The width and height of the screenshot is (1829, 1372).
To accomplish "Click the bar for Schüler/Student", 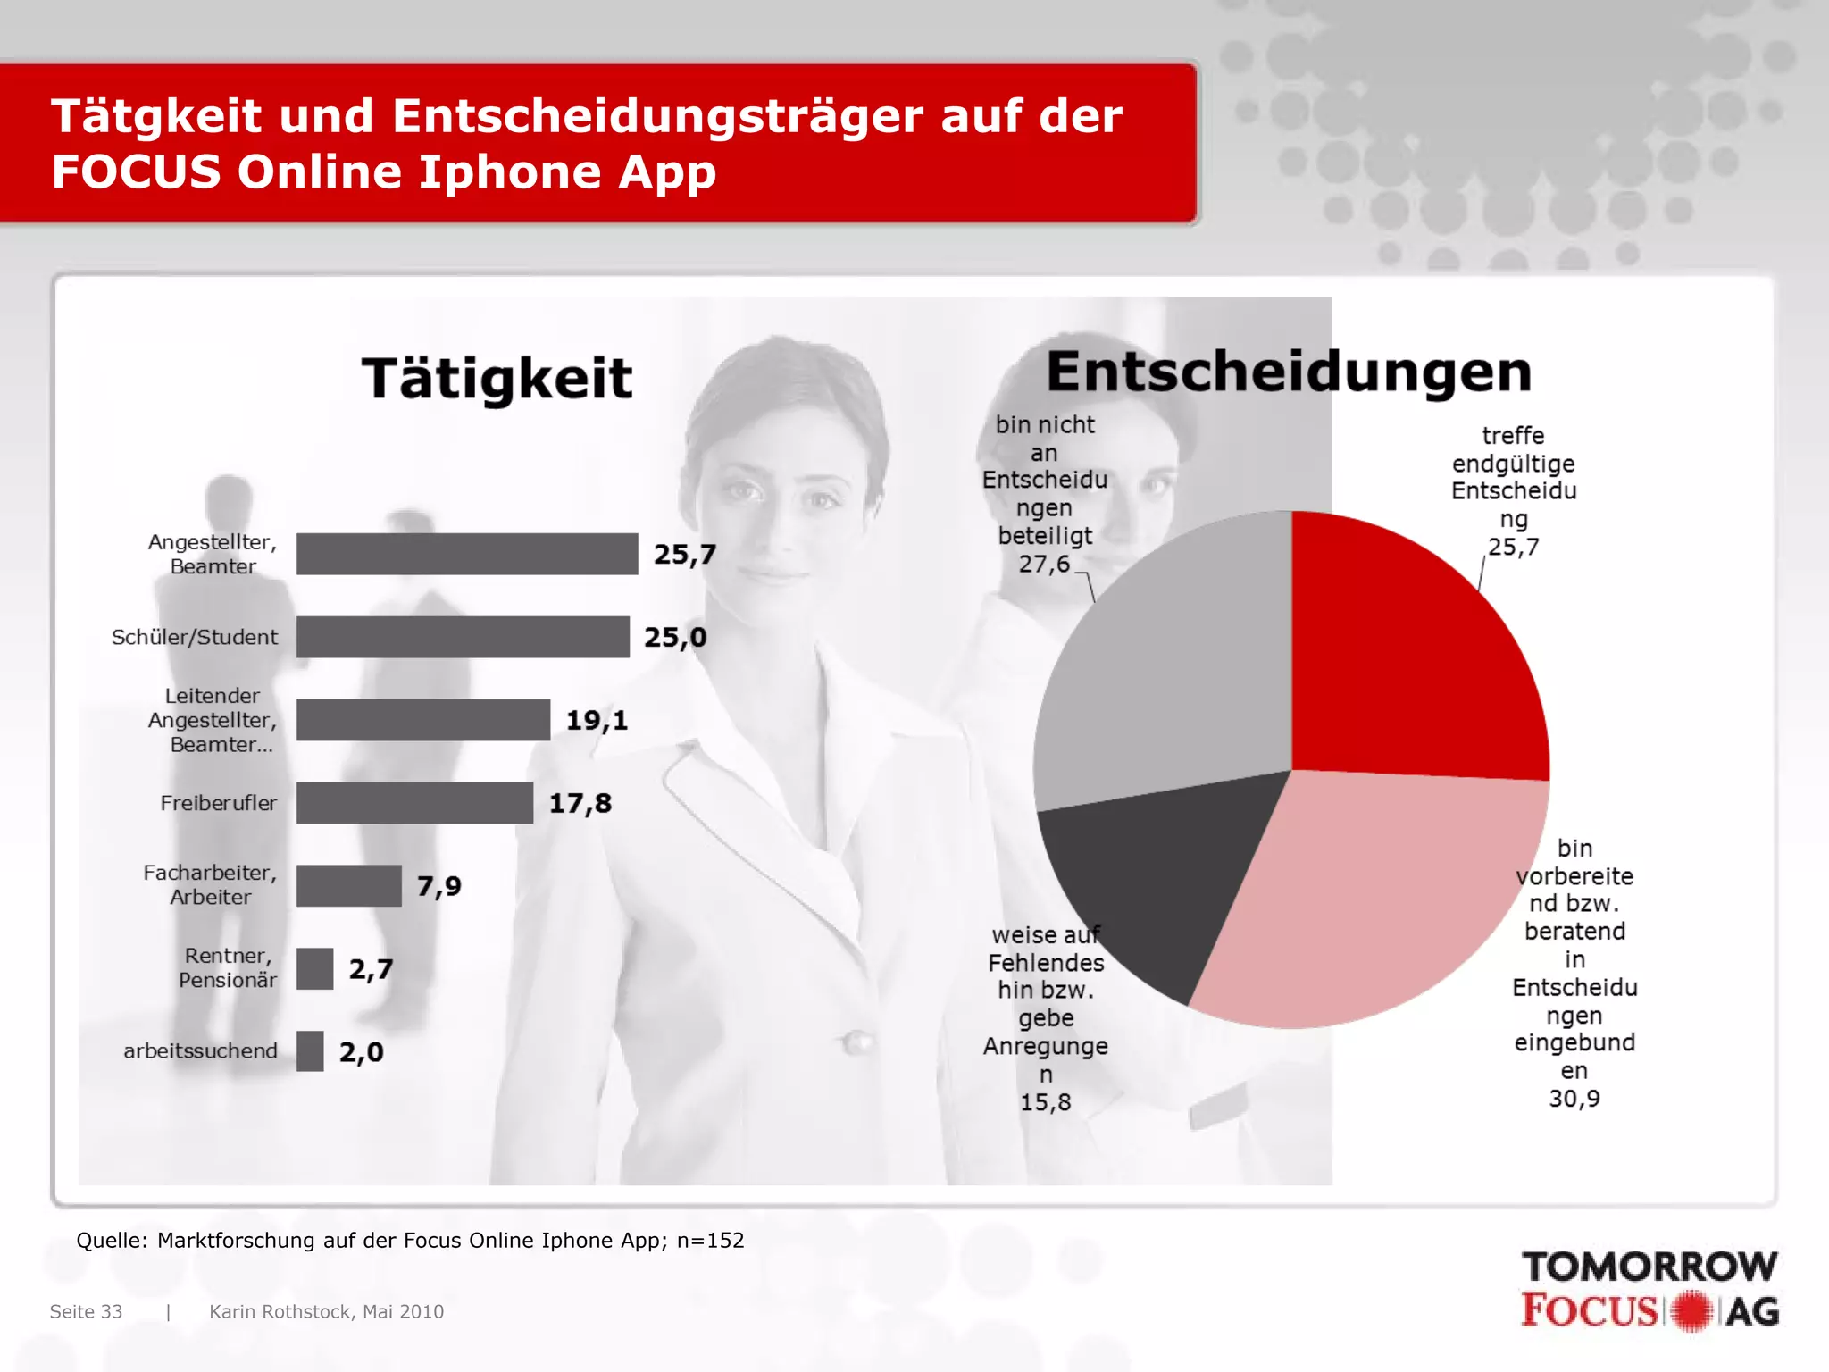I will [x=463, y=637].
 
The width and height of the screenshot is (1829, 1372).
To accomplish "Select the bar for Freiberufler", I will [x=414, y=803].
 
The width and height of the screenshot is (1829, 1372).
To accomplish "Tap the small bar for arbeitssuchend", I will [x=310, y=1051].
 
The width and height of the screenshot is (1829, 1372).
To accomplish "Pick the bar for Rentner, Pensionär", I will [x=314, y=969].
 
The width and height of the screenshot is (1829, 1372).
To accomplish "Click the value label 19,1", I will [x=597, y=720].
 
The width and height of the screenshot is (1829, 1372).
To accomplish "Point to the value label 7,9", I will [x=438, y=886].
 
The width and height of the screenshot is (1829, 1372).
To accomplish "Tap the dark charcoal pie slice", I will [x=1152, y=884].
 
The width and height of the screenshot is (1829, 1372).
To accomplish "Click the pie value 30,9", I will [x=1574, y=1099].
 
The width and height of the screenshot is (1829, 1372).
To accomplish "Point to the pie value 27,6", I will [x=1043, y=565].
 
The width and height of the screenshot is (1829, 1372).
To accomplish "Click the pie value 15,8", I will [x=1045, y=1102].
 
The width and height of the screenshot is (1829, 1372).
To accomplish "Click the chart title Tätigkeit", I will [x=497, y=378].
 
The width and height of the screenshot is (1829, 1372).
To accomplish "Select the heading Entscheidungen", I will [x=1288, y=372].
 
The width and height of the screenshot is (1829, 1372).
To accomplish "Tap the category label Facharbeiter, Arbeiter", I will [x=210, y=884].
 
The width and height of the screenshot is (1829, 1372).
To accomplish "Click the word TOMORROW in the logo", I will [x=1649, y=1267].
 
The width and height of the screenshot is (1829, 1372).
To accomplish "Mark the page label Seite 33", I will [x=86, y=1311].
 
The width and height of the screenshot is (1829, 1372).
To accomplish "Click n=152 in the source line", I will [x=710, y=1240].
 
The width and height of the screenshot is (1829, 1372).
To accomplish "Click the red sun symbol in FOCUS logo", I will [x=1691, y=1311].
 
